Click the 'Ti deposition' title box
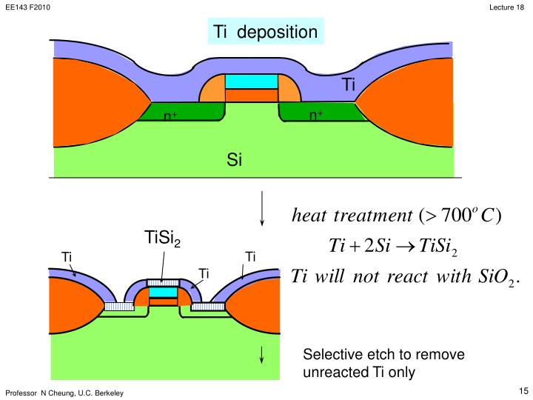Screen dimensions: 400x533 (x=266, y=32)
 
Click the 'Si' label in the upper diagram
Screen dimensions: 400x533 (x=235, y=159)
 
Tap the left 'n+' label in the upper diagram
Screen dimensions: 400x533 (x=170, y=116)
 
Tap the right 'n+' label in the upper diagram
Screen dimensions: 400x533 (x=316, y=116)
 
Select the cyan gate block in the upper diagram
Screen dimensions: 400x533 (x=251, y=81)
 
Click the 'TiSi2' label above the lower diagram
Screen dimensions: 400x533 (x=162, y=239)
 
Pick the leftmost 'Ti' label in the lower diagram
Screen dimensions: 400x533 (x=67, y=257)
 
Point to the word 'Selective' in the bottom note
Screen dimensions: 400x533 (x=330, y=355)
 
